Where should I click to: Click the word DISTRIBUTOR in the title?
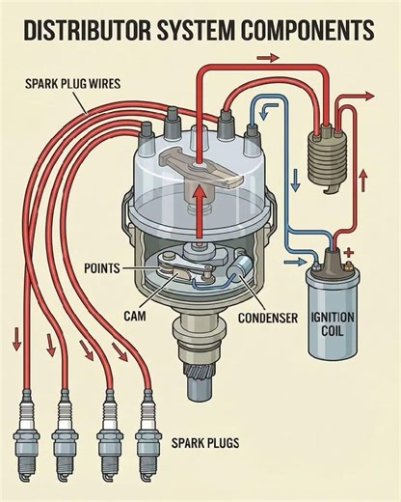[x=81, y=31]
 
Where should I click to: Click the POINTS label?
[x=129, y=266]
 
